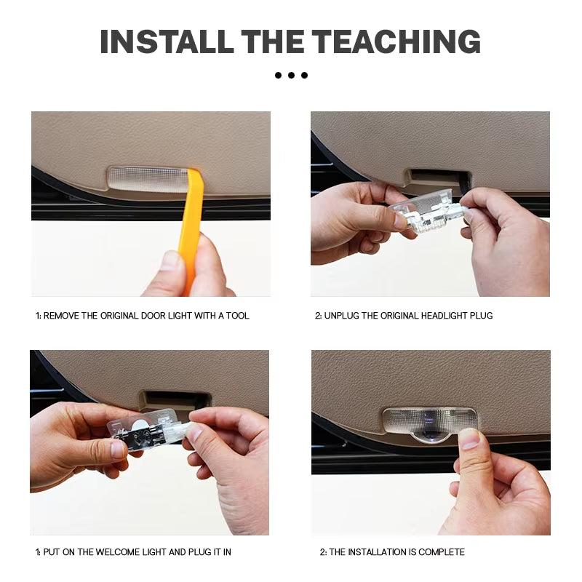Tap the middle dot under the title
(x=291, y=75)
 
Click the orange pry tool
(x=191, y=226)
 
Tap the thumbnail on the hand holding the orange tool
(x=172, y=260)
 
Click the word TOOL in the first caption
(x=237, y=316)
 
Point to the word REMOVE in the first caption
(x=61, y=316)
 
